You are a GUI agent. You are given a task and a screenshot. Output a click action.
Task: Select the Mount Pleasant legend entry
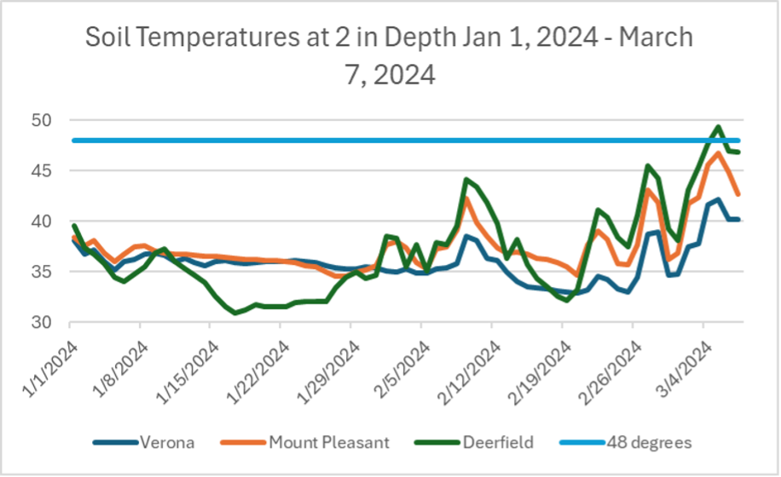[x=314, y=442]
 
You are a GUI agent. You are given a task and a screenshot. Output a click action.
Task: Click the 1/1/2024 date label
[x=43, y=362]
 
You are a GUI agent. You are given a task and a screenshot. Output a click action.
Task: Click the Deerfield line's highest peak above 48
[x=718, y=127]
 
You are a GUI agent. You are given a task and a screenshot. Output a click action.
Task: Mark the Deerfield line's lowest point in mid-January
[x=236, y=313]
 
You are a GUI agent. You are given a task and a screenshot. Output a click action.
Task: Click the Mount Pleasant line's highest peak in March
[x=718, y=153]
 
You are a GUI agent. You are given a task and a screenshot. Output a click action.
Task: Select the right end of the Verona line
[x=738, y=219]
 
